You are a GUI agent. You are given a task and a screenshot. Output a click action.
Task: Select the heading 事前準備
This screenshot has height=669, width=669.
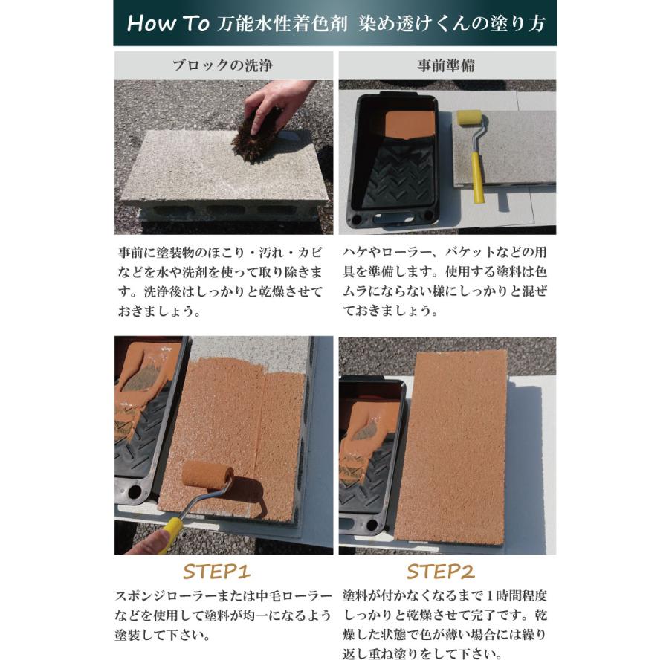[447, 65]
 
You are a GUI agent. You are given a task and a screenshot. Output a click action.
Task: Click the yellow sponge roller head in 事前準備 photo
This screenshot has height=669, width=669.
[469, 119]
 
